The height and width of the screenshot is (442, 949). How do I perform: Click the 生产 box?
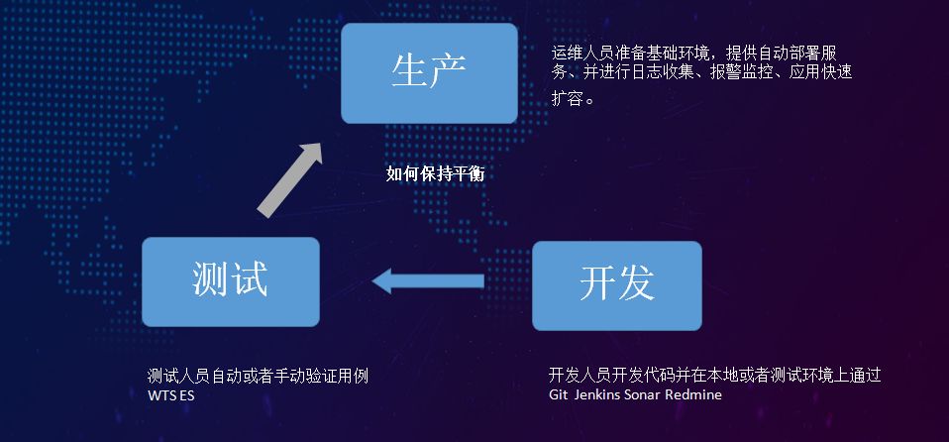click(429, 73)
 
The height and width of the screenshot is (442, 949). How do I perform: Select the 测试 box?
click(230, 281)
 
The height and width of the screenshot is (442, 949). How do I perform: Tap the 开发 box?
click(616, 285)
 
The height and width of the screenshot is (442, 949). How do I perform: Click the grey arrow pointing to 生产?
click(290, 178)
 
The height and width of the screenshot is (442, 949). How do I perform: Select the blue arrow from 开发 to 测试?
click(428, 281)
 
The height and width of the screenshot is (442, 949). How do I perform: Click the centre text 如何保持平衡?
click(435, 173)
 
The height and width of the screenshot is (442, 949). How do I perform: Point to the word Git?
click(559, 394)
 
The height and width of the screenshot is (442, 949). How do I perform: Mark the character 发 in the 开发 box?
click(636, 285)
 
